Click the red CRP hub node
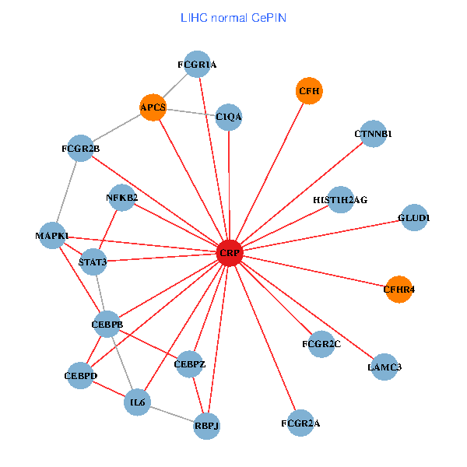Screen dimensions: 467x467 [229, 253]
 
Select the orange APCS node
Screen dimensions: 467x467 [153, 107]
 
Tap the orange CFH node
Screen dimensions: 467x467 [309, 91]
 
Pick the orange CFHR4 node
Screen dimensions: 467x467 [399, 289]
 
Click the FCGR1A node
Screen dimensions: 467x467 [197, 65]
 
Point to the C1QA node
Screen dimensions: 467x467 [229, 117]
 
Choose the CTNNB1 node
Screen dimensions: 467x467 [374, 133]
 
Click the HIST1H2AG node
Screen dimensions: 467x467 [340, 199]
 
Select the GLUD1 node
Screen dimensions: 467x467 [413, 217]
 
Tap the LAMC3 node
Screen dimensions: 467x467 [384, 367]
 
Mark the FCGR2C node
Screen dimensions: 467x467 [321, 343]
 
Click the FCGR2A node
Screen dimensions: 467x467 [300, 423]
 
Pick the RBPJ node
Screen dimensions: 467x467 [206, 426]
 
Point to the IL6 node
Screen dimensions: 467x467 [138, 402]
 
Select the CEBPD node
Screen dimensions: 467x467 [81, 376]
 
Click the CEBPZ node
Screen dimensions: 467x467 [190, 363]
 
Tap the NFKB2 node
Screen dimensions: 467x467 [121, 198]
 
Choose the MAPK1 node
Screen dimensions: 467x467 [52, 235]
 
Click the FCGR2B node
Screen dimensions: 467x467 [81, 148]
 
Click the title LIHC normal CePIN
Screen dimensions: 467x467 [233, 17]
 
